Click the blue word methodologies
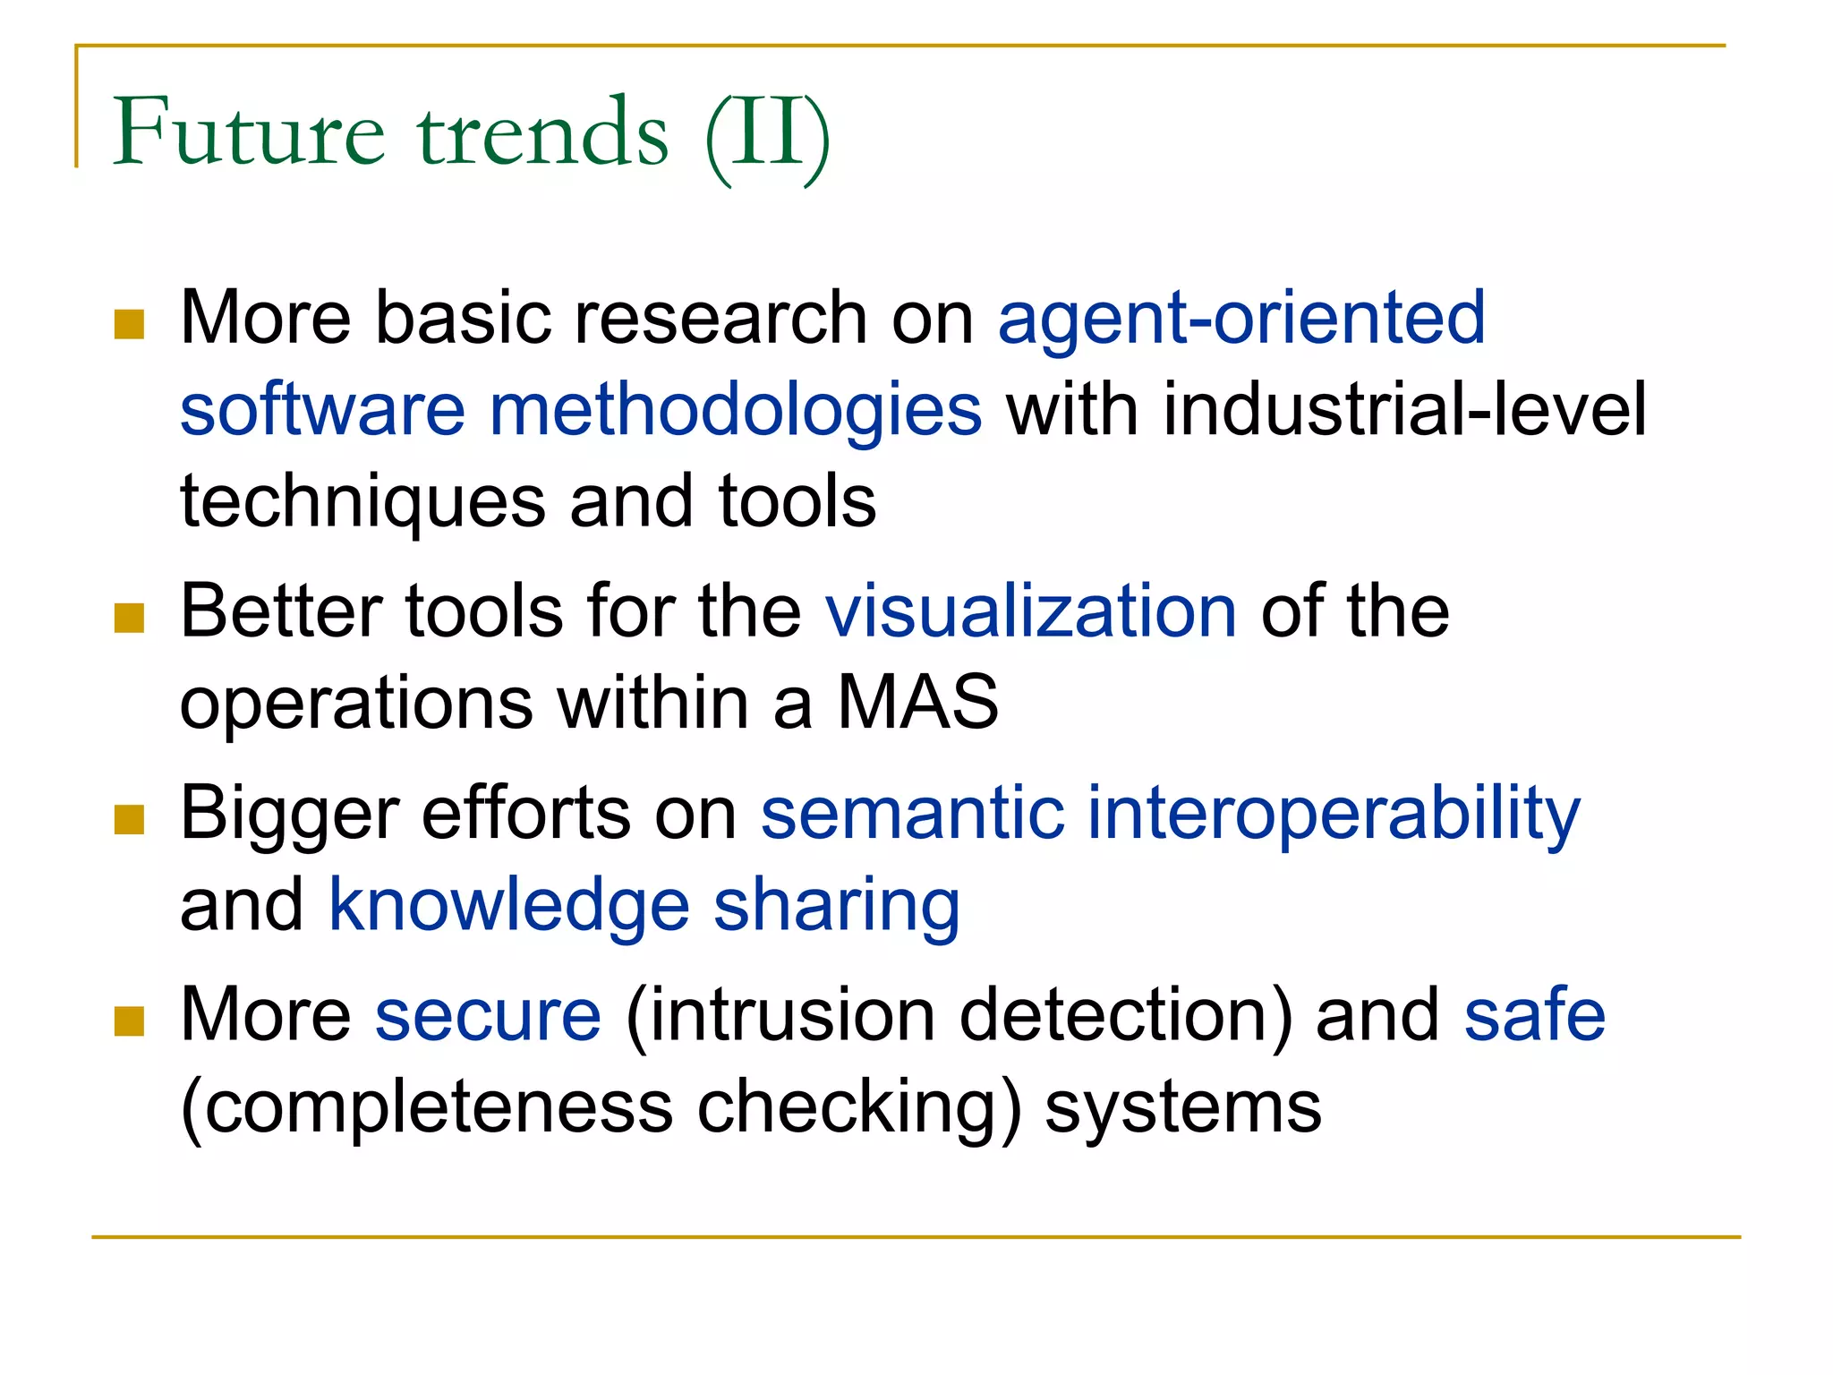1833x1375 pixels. (x=736, y=411)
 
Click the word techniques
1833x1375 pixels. (x=362, y=502)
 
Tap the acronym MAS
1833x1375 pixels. (x=917, y=703)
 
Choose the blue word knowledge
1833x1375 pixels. (x=509, y=906)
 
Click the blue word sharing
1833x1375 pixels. (x=837, y=906)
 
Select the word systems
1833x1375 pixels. (x=1182, y=1108)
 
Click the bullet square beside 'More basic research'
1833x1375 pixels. (x=130, y=325)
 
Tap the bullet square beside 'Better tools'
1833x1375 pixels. (x=130, y=618)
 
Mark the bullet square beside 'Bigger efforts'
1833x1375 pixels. (x=130, y=820)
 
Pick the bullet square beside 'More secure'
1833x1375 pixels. (x=130, y=1021)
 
